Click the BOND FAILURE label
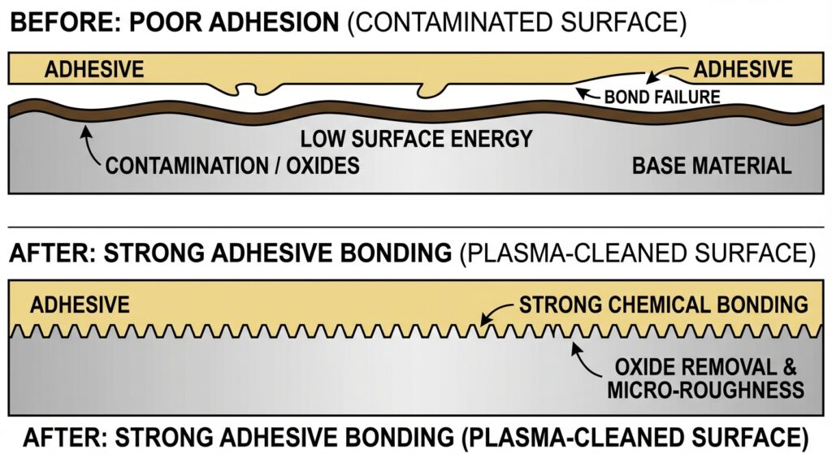point(662,97)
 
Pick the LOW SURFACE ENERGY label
point(416,138)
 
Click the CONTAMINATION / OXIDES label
point(232,166)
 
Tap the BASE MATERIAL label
point(711,166)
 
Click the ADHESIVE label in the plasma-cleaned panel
point(80,305)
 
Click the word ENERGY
point(488,138)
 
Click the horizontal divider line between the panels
point(416,227)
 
